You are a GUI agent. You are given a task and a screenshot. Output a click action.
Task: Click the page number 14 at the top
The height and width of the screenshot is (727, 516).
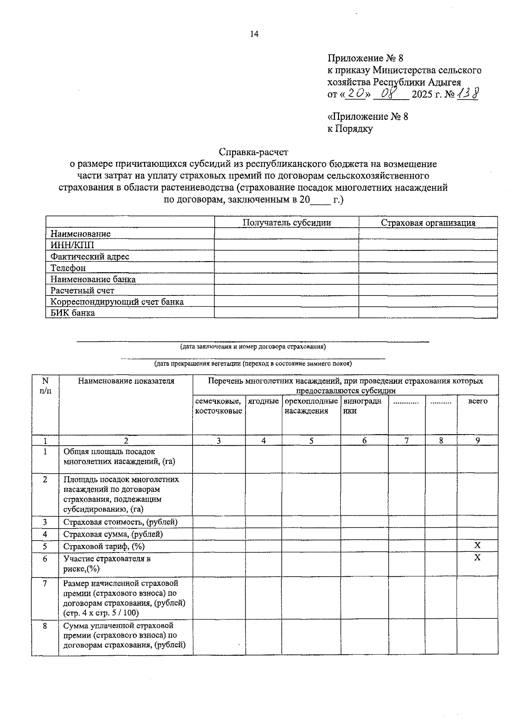pos(254,35)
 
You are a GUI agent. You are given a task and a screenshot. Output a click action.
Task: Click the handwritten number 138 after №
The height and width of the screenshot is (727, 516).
pos(467,93)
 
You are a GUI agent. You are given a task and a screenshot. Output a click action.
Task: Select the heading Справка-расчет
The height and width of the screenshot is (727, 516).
pos(253,152)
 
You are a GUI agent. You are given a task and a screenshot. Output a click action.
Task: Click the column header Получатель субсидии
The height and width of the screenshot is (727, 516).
pos(286,222)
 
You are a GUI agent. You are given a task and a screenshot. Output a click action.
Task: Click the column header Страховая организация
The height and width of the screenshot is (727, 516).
pos(428,222)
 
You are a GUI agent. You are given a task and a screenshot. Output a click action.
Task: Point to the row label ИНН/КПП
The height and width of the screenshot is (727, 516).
pos(72,245)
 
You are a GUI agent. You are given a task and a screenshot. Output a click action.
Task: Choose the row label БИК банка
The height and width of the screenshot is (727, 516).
pos(73,313)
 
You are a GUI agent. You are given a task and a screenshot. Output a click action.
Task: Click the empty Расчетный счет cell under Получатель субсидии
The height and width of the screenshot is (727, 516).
pos(286,290)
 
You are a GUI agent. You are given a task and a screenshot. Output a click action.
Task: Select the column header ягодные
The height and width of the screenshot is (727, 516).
pos(263,401)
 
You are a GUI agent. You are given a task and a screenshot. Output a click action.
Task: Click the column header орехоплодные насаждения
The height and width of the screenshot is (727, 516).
pos(311,406)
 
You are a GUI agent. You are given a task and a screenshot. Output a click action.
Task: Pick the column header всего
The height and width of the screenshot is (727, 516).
pos(477,401)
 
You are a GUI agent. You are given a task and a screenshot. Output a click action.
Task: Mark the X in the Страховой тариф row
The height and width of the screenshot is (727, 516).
pos(477,545)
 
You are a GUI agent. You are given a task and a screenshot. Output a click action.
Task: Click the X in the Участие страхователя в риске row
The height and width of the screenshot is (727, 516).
pos(477,557)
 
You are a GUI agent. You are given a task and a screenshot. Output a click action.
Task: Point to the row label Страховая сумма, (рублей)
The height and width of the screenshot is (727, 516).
pos(113,534)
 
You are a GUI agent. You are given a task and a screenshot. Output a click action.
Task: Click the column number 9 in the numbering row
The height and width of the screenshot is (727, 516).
pos(477,440)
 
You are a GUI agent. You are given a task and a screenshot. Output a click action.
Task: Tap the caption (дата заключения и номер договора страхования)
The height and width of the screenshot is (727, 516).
pos(253,347)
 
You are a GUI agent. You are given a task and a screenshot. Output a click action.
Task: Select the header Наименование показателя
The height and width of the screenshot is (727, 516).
pos(126,381)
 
